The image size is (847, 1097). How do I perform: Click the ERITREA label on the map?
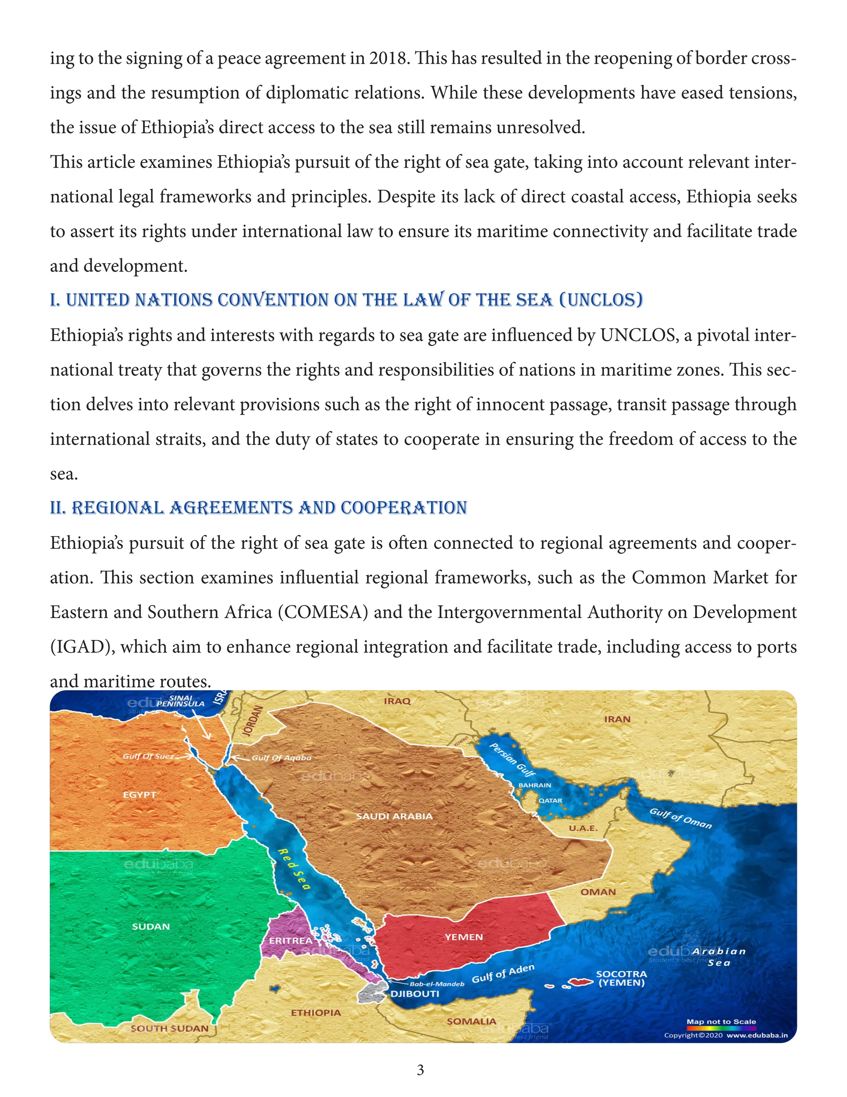pyautogui.click(x=290, y=940)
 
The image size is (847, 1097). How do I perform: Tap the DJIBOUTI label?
pyautogui.click(x=414, y=994)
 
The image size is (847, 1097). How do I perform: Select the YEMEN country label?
pyautogui.click(x=464, y=937)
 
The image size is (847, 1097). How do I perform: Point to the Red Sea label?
pyautogui.click(x=294, y=869)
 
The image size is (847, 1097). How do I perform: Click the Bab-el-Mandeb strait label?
pyautogui.click(x=437, y=984)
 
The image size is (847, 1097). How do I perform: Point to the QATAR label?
pyautogui.click(x=550, y=801)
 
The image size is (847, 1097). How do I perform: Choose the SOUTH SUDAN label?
pyautogui.click(x=170, y=1028)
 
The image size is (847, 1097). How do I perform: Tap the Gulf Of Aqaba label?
pyautogui.click(x=282, y=758)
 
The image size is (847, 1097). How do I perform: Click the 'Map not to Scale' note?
pyautogui.click(x=721, y=1021)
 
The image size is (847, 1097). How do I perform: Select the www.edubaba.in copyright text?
pyautogui.click(x=757, y=1035)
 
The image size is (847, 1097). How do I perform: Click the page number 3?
pyautogui.click(x=421, y=1070)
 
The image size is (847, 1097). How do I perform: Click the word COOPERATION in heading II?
pyautogui.click(x=404, y=508)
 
